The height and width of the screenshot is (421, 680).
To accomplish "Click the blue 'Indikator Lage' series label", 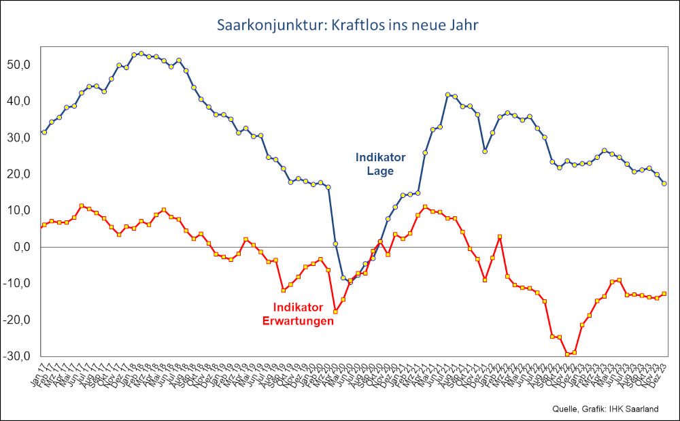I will coord(380,164).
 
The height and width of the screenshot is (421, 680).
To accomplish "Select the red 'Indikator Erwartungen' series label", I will coord(298,314).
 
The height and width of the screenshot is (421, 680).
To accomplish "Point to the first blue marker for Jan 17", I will coord(44,132).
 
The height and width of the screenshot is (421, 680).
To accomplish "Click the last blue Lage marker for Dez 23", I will coord(664,184).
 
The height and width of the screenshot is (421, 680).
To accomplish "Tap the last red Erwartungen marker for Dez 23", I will coord(664,294).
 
